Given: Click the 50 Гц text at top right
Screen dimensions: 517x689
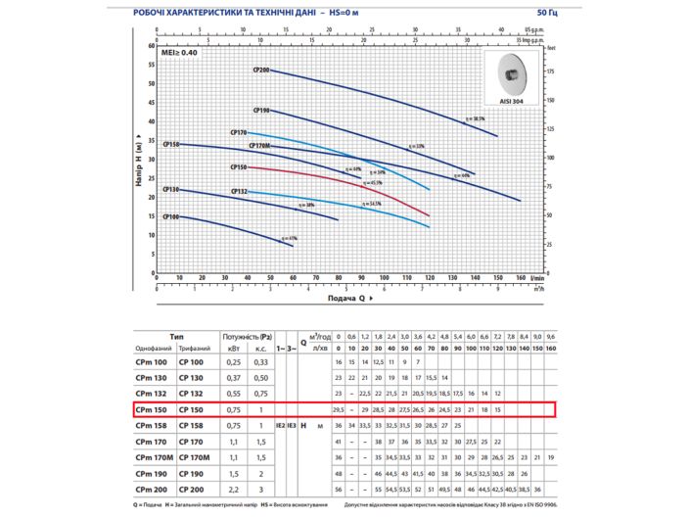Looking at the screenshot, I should point(549,12).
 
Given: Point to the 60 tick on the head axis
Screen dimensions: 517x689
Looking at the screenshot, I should point(152,46).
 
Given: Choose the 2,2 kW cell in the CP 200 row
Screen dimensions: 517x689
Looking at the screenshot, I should point(233,488).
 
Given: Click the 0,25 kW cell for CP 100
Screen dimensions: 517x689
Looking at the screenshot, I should point(233,362).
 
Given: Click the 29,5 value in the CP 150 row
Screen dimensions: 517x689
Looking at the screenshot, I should point(339,409).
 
